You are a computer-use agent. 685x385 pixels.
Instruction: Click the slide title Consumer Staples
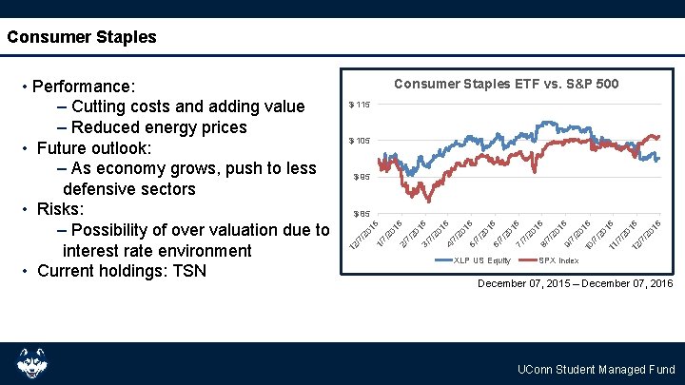[x=81, y=38]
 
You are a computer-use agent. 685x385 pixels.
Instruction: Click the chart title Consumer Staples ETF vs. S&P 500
[x=506, y=85]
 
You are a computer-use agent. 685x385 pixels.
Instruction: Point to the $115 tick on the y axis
[x=359, y=105]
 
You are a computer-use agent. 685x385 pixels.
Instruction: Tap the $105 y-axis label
[x=359, y=141]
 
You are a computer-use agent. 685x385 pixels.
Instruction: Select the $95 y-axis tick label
[x=360, y=177]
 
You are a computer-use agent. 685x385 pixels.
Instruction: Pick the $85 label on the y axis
[x=360, y=213]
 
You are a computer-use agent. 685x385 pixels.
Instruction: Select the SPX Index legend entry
[x=558, y=260]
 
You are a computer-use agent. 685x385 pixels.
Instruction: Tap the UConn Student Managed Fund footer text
[x=596, y=370]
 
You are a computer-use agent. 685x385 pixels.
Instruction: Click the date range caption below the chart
[x=575, y=284]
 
